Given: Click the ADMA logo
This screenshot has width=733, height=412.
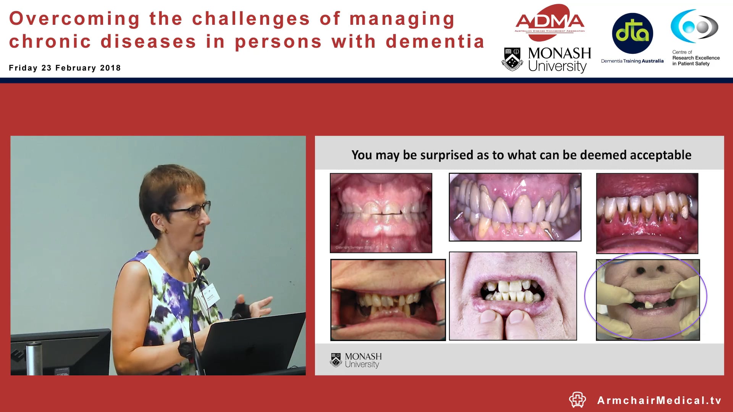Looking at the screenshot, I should pos(550,22).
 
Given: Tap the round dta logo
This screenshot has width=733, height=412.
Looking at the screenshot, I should pos(632,33).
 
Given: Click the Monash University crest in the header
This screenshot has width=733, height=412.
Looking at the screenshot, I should pos(512,59).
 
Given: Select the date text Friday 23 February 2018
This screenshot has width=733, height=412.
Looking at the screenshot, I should pos(65,68).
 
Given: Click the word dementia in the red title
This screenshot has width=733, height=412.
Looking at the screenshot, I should pos(435,42).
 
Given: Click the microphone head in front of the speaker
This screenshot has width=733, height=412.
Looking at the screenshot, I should pos(204,263).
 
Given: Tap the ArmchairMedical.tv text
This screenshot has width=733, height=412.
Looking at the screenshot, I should pos(659,400).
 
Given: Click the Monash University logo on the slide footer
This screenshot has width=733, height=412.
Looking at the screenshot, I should pos(356,360).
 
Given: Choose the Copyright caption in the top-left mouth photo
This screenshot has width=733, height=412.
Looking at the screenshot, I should pos(353,247).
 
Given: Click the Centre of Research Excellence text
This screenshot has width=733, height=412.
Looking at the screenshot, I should pos(696,58).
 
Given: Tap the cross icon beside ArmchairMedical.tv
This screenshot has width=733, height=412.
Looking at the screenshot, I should pos(577,400).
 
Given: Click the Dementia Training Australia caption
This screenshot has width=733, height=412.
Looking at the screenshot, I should pos(632,61).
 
